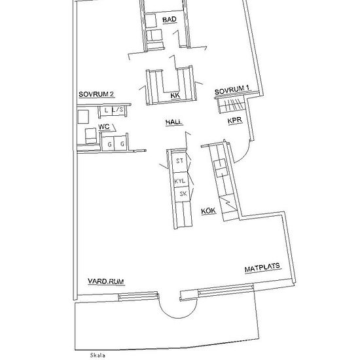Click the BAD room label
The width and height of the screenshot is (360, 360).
(x=170, y=20)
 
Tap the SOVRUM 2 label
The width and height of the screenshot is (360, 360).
(x=96, y=94)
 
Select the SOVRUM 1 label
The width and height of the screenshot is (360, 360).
(x=232, y=90)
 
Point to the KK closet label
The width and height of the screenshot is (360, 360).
(x=175, y=96)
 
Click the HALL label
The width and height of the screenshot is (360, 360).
(x=174, y=122)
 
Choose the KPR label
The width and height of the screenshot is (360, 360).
(x=235, y=120)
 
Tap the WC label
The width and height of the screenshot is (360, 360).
(x=104, y=127)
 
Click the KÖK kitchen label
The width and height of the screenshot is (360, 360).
(x=208, y=211)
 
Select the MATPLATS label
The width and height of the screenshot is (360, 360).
(x=262, y=268)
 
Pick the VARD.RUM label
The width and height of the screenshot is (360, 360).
(x=106, y=281)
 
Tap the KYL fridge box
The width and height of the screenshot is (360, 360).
(x=180, y=180)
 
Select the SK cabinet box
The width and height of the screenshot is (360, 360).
(x=183, y=194)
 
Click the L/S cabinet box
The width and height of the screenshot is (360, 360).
(x=118, y=111)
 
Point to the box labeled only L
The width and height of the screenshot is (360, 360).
(x=106, y=111)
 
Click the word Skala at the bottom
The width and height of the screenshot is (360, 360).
(x=98, y=355)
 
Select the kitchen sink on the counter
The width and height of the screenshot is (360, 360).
(x=221, y=168)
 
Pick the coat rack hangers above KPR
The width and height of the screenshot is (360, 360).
(x=231, y=105)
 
